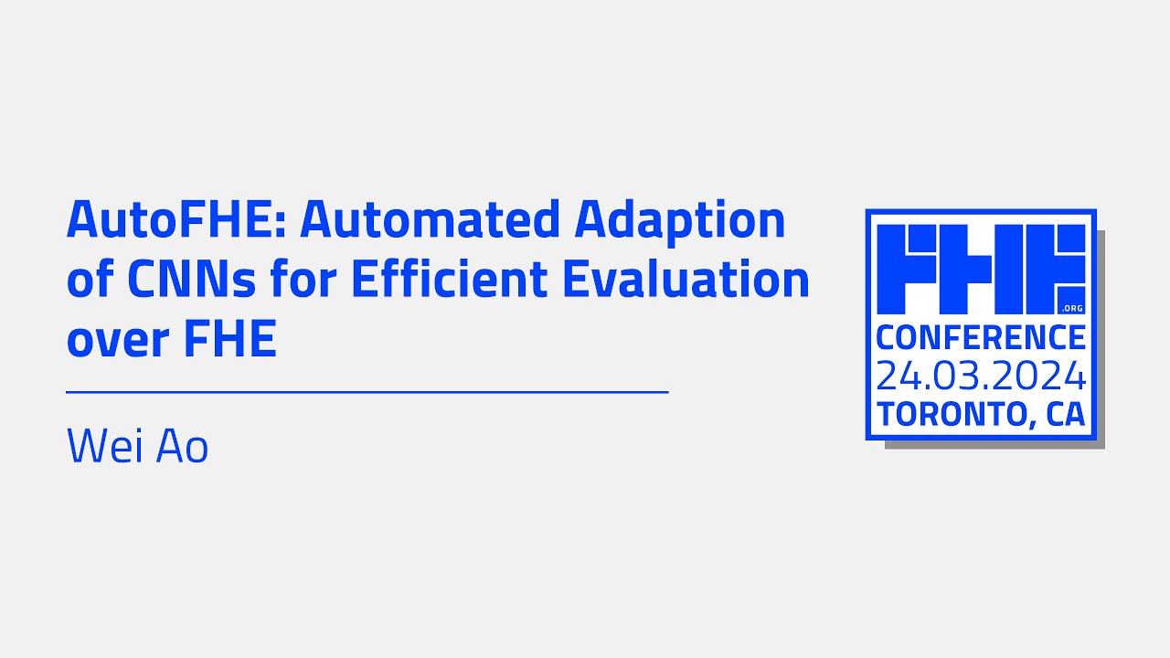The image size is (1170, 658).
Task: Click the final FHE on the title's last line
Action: click(x=230, y=340)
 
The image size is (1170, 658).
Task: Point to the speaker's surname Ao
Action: click(x=184, y=447)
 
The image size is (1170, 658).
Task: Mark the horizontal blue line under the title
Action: click(x=367, y=392)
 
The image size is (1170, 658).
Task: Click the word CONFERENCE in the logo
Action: click(x=981, y=337)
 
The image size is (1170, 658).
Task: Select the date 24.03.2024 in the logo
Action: click(x=981, y=376)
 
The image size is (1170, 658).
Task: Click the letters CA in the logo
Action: click(x=1066, y=414)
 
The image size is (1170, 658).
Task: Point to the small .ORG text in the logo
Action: click(x=1072, y=308)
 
